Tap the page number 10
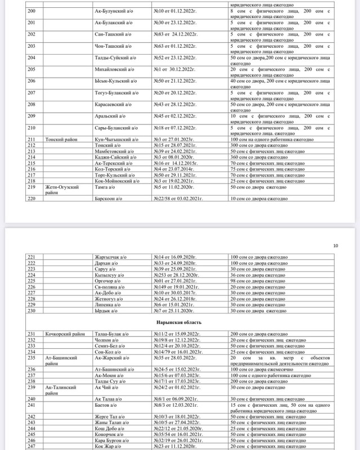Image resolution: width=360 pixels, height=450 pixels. click(336, 245)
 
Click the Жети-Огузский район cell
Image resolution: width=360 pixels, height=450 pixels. click(61, 190)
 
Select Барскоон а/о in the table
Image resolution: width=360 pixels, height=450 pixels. click(110, 198)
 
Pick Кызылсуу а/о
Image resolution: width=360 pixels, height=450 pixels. click(110, 274)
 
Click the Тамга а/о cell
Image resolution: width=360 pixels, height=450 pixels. click(106, 187)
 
